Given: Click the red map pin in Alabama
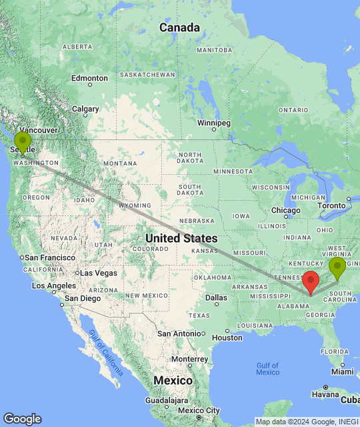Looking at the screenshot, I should tap(311, 282).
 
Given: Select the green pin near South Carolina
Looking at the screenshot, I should tap(337, 267).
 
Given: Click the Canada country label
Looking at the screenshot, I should tap(179, 28).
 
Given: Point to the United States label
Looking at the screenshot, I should tap(181, 238).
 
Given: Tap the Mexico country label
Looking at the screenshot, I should tap(173, 380).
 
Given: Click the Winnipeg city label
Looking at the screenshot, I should tap(214, 123).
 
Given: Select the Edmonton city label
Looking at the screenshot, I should tap(89, 78).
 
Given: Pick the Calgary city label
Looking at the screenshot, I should tap(85, 109).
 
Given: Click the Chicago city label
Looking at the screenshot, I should tap(285, 211).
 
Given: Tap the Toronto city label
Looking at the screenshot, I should tap(331, 205).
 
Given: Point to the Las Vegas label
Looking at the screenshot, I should tap(98, 273).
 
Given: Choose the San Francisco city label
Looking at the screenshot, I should tap(49, 258).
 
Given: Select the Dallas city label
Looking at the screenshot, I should tap(216, 298).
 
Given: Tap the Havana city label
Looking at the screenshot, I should tap(326, 394).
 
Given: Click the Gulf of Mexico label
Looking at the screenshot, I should tap(267, 368).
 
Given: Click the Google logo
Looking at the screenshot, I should tap(22, 418).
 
